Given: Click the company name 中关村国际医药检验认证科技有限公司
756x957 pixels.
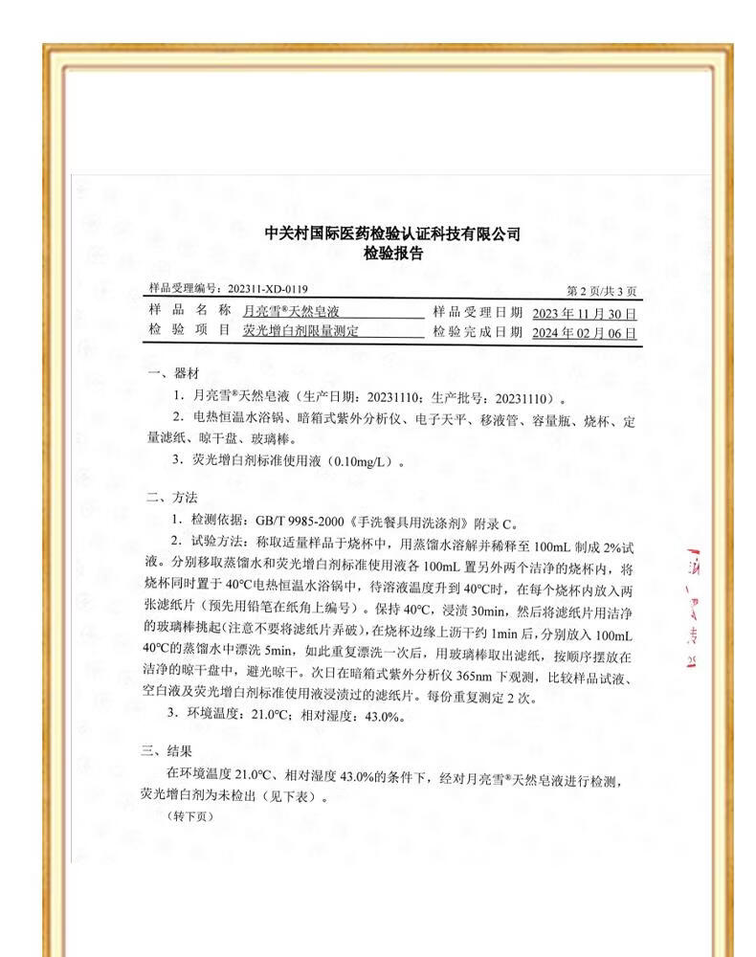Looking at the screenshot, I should click(392, 234).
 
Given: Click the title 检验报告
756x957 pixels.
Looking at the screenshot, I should click(392, 254).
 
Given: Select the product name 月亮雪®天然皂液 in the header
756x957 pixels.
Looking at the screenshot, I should click(291, 312).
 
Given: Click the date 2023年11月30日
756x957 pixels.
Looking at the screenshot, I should click(584, 313).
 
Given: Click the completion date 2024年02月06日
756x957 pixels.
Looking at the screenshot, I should click(584, 332).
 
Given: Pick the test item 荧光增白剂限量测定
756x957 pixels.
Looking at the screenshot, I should click(300, 331).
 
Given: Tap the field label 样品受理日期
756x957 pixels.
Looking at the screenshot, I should click(478, 312).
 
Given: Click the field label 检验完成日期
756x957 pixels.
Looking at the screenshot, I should click(478, 331).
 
